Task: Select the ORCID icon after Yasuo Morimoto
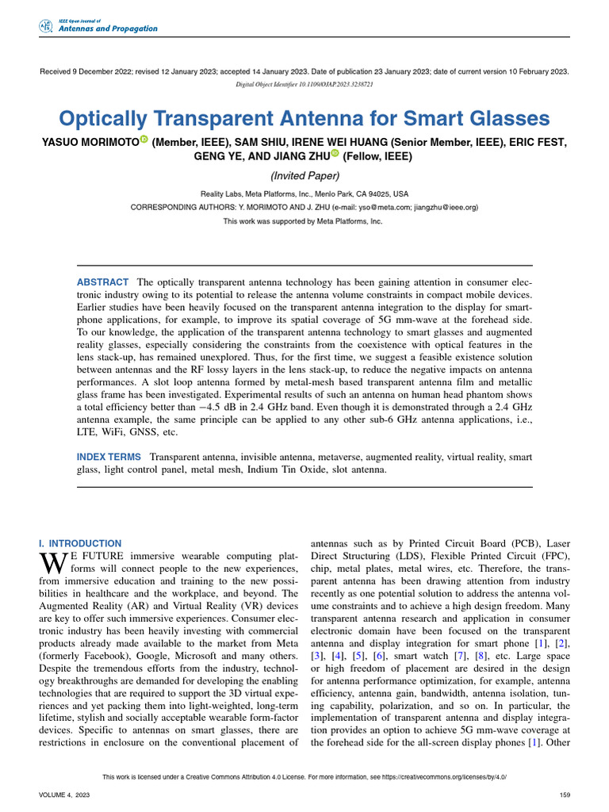[x=144, y=141]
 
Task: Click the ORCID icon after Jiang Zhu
[x=335, y=155]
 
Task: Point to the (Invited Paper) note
[x=304, y=176]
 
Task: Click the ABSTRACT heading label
[x=102, y=282]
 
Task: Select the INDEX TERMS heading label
[x=109, y=458]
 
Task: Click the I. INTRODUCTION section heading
[x=80, y=543]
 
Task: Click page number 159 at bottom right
[x=565, y=794]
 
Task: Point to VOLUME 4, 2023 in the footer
[x=65, y=794]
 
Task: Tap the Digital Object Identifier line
[x=304, y=83]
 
